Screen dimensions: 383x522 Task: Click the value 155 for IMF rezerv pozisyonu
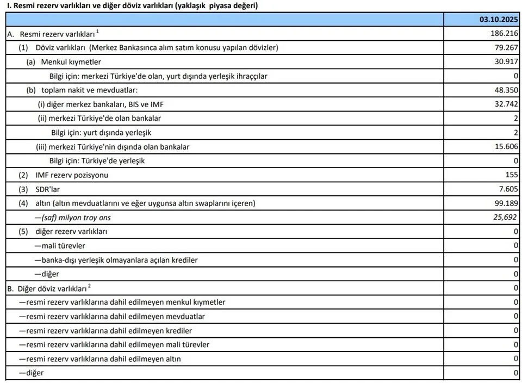tap(512, 175)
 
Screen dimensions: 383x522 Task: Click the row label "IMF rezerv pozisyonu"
tap(72, 175)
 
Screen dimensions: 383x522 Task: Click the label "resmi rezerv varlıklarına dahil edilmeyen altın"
tap(103, 359)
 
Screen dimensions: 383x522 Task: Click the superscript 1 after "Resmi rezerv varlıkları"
tap(97, 32)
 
